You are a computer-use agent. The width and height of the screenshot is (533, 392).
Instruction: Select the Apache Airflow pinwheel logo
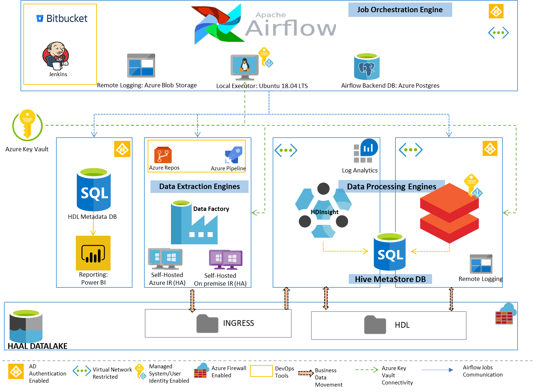[217, 24]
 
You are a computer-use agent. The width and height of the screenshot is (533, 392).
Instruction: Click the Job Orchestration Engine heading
[400, 10]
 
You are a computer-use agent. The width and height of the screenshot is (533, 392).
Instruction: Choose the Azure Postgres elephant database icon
[367, 67]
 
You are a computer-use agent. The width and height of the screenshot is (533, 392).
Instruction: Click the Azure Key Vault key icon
[27, 125]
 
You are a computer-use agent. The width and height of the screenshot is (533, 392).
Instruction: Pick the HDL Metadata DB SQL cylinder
[94, 190]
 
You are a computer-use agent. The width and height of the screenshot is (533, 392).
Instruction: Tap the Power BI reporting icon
[93, 253]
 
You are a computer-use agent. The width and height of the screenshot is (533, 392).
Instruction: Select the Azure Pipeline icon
[233, 155]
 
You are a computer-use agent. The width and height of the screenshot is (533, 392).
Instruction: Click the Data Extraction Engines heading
[199, 186]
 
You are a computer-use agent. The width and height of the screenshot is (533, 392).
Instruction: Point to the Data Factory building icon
[194, 223]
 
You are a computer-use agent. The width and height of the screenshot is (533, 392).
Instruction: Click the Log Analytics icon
[366, 151]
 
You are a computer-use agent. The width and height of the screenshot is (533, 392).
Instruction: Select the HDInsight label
[324, 212]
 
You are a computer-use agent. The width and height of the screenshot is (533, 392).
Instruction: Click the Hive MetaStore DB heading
[390, 279]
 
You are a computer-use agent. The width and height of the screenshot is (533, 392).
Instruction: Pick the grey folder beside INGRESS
[207, 323]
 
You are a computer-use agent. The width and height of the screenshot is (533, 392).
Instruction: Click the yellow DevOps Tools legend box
[261, 371]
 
